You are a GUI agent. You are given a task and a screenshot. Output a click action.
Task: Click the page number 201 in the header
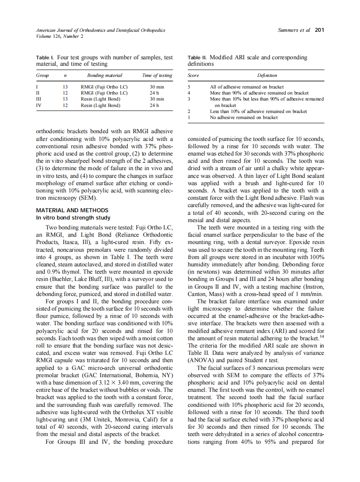pos(319,30)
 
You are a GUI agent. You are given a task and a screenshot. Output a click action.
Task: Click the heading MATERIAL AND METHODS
pos(72,210)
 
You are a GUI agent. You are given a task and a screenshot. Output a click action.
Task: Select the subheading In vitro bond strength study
pos(73,218)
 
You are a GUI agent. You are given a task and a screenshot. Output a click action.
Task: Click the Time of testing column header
pos(157,76)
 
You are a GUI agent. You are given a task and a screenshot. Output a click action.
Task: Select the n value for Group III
pos(65,99)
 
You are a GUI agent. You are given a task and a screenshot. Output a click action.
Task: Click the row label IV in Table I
pos(39,105)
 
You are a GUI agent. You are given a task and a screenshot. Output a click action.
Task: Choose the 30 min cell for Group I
pos(157,87)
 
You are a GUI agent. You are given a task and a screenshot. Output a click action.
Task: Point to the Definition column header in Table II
pos(267,76)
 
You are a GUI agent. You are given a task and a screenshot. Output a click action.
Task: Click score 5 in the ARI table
pos(189,87)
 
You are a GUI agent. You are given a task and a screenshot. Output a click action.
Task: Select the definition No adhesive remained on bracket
pos(243,117)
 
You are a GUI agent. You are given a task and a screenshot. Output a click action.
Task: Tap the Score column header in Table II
pos(193,76)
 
